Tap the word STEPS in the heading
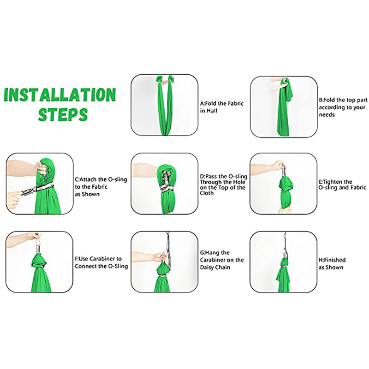(63, 115)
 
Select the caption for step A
(222, 107)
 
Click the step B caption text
(343, 107)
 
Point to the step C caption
(101, 187)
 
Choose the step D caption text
(224, 184)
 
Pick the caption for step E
(342, 184)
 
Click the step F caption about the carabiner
(101, 262)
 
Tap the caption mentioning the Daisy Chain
(222, 260)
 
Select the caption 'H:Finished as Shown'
(332, 263)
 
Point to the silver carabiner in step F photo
(38, 245)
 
